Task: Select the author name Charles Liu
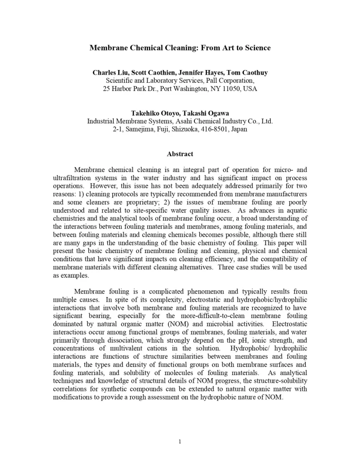(110, 72)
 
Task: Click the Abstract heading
(180, 154)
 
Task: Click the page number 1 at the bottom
(180, 441)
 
